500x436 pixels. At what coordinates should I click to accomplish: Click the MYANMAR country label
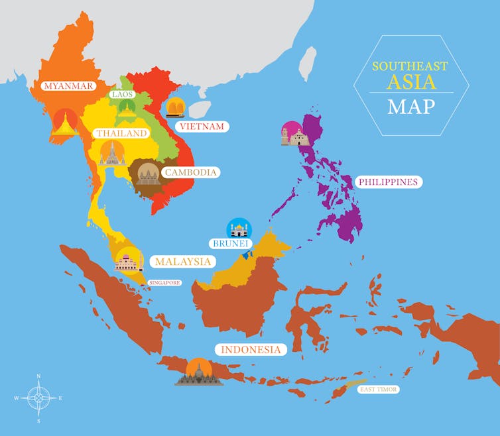[x=67, y=86]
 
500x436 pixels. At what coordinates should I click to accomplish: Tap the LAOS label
[x=123, y=94]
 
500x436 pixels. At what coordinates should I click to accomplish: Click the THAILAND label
[x=121, y=133]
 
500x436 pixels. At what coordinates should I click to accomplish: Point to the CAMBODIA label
[x=191, y=172]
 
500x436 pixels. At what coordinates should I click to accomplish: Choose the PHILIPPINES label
[x=388, y=181]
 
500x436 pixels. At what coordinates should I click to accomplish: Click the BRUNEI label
[x=229, y=244]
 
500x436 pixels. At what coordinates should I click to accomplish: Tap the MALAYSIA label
[x=182, y=262]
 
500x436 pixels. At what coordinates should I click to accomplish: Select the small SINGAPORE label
[x=164, y=283]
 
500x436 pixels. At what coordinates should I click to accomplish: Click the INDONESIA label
[x=251, y=349]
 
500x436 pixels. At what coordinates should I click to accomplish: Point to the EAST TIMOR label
[x=378, y=389]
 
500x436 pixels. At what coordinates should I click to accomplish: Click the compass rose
[x=38, y=398]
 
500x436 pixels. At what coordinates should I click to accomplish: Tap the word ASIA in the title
[x=412, y=82]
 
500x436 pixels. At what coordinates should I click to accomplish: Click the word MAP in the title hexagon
[x=411, y=106]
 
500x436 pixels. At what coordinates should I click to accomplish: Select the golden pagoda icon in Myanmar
[x=65, y=122]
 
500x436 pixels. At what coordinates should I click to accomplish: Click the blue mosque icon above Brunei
[x=239, y=228]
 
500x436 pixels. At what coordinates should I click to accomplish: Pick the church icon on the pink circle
[x=294, y=135]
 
